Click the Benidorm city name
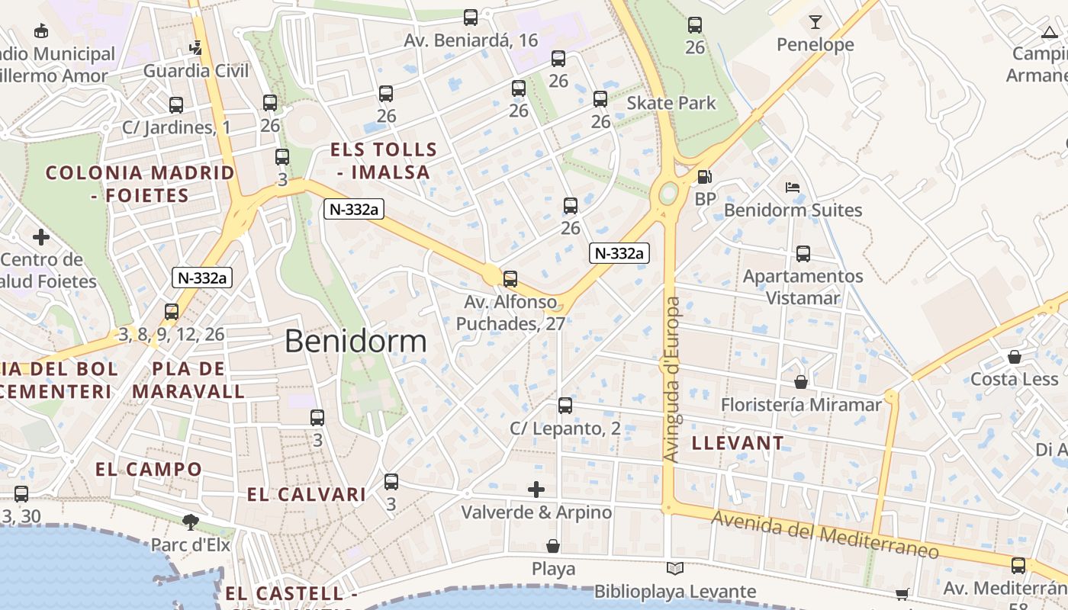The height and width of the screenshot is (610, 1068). (x=355, y=341)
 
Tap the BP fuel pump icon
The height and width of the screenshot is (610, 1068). (x=705, y=177)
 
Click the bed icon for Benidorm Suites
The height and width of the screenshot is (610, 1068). (x=793, y=188)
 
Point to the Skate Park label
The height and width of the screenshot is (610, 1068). (x=671, y=103)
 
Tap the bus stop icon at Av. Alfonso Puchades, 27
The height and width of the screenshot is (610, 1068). (x=510, y=279)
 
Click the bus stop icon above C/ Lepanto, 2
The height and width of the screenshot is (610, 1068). (x=565, y=406)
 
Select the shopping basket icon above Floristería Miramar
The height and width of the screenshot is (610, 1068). (x=801, y=381)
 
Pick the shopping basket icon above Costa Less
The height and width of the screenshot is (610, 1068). (x=1015, y=356)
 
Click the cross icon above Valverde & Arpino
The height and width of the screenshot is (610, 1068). (x=536, y=489)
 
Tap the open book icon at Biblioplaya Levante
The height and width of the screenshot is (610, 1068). (x=674, y=568)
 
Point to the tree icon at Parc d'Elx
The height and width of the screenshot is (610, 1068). (x=190, y=522)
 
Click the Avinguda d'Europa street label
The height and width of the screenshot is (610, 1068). (x=671, y=379)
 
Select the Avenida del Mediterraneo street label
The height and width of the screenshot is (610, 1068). (x=825, y=535)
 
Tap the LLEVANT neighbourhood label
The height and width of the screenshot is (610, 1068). (x=737, y=443)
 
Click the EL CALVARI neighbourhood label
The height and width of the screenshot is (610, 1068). (x=307, y=494)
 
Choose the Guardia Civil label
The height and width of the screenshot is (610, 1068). (x=196, y=71)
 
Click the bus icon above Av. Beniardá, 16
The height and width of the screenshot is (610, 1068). (x=471, y=17)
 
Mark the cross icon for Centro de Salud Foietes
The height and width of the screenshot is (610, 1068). (x=41, y=237)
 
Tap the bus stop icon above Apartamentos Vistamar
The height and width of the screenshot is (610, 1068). (x=803, y=254)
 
